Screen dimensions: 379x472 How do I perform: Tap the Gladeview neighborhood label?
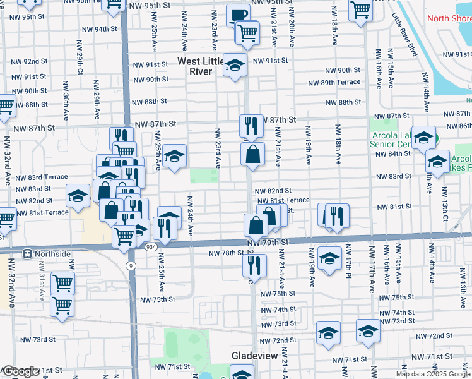click(255, 356)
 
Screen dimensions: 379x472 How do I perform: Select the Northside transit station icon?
click(28, 254)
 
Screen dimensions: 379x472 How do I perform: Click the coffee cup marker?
click(238, 15)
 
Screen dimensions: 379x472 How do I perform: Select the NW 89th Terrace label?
click(334, 83)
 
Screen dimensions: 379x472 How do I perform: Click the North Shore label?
click(449, 18)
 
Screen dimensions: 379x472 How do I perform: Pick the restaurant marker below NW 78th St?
click(254, 266)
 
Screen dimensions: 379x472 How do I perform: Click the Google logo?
click(21, 371)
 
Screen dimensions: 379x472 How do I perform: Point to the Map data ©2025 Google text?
click(432, 374)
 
